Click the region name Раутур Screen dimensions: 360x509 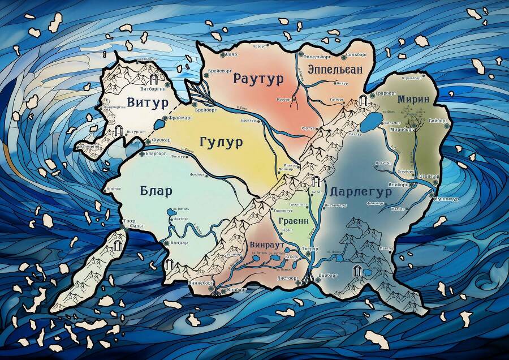pos(258,79)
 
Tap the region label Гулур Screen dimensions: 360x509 pos(221,142)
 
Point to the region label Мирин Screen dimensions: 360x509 pos(413,99)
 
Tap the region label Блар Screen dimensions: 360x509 pos(156,191)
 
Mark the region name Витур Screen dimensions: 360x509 pos(147,103)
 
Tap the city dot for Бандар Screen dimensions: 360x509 pos(166,243)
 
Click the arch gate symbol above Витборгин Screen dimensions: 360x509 pos(153,79)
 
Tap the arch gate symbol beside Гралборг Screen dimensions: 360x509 pos(363,101)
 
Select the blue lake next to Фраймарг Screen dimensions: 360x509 pos(158,123)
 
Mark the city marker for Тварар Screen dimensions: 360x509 pos(309,255)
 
